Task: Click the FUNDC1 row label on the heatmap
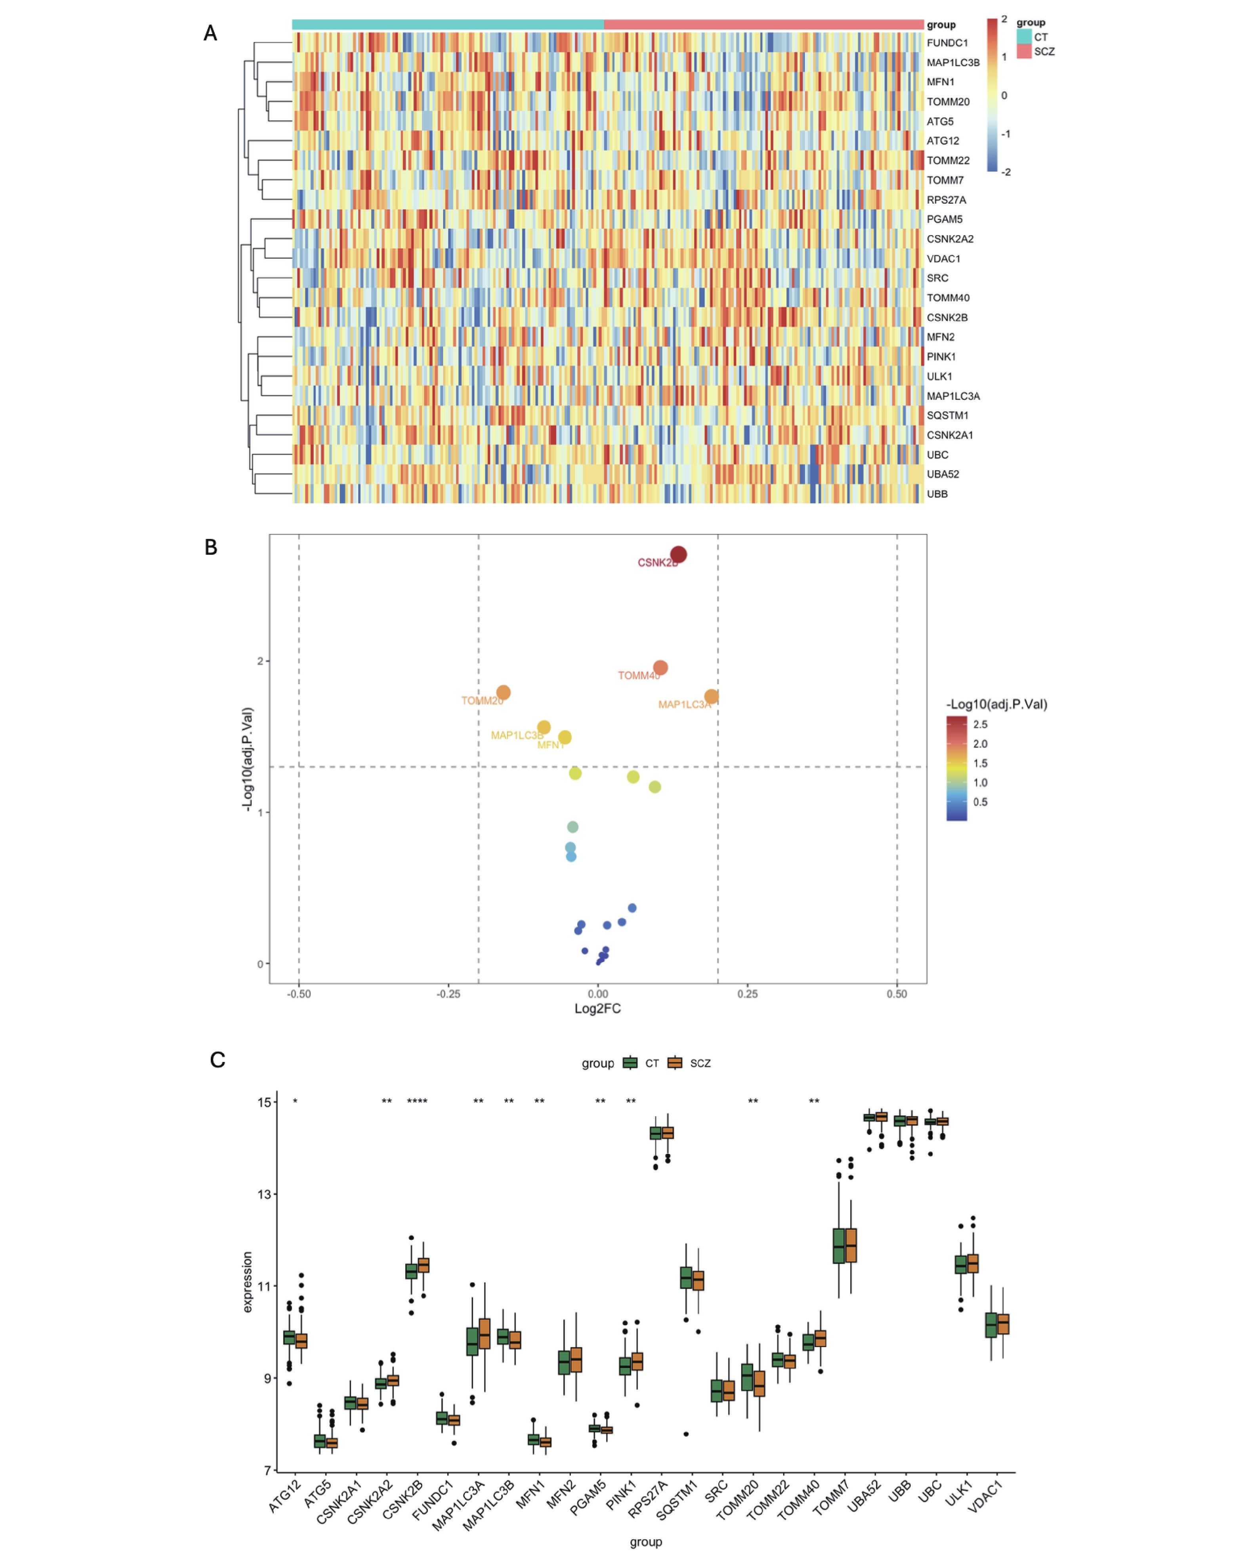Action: tap(946, 43)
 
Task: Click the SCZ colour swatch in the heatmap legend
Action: tap(1024, 52)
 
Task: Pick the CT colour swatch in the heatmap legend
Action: tap(1024, 36)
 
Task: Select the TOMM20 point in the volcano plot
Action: tap(504, 693)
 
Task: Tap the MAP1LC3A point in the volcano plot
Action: tap(711, 697)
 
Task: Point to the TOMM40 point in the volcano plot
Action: tap(660, 667)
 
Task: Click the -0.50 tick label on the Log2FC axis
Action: tap(299, 994)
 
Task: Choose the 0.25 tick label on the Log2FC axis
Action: tap(747, 994)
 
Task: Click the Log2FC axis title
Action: tap(597, 1009)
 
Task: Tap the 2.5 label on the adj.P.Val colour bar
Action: tap(980, 724)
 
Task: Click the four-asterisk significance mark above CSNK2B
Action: tap(417, 1101)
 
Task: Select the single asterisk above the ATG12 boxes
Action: tap(295, 1101)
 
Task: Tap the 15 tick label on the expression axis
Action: tap(264, 1102)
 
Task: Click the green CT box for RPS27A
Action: tap(655, 1133)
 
